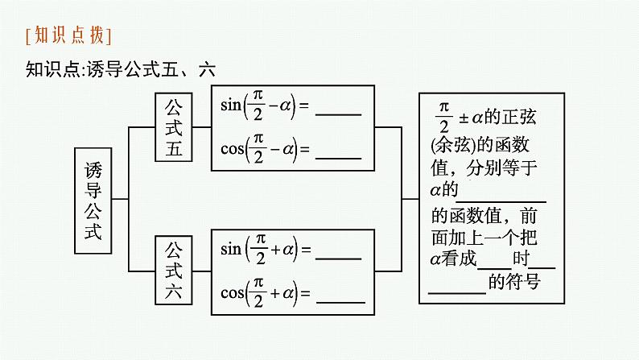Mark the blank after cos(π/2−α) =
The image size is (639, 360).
pyautogui.click(x=338, y=154)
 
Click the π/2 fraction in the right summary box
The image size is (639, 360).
pyautogui.click(x=443, y=117)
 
